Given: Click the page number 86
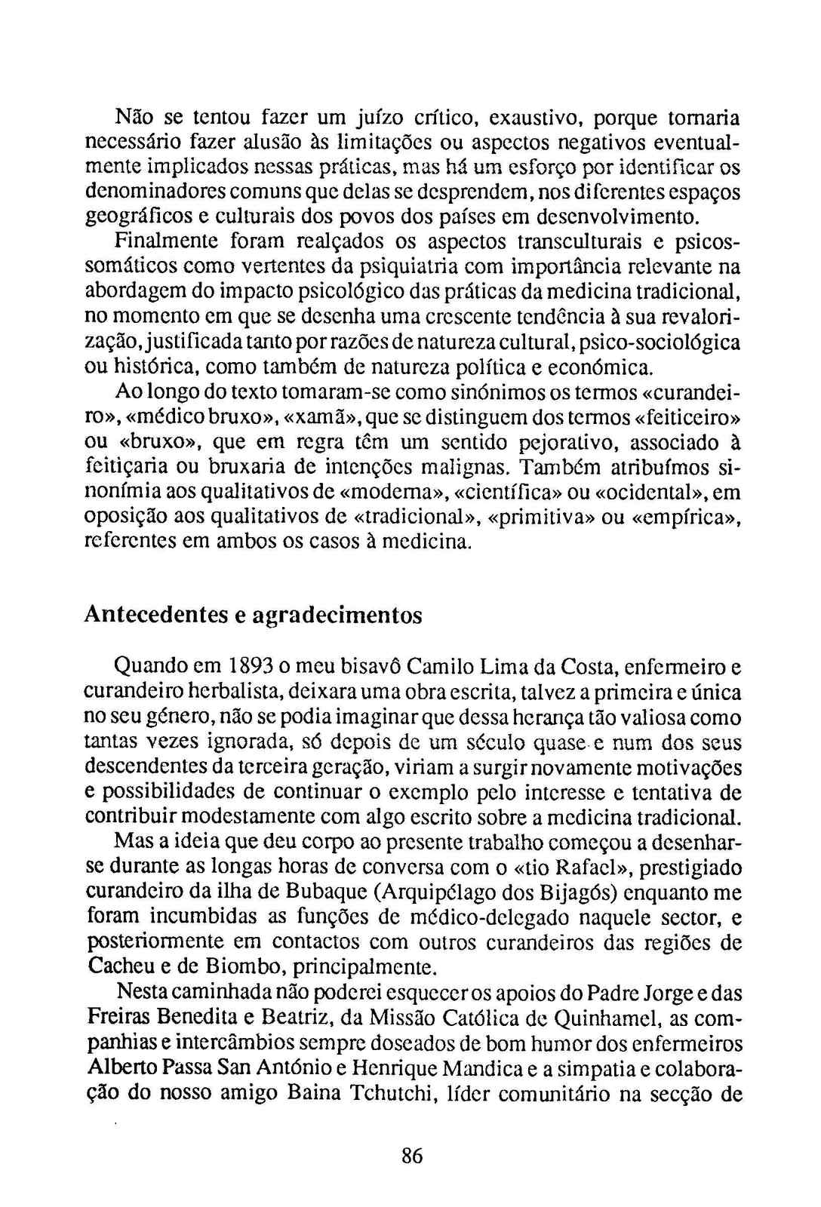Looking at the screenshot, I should [x=412, y=1156].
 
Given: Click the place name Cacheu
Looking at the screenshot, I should [x=121, y=966].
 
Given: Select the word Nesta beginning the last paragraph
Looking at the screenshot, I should [x=136, y=994].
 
